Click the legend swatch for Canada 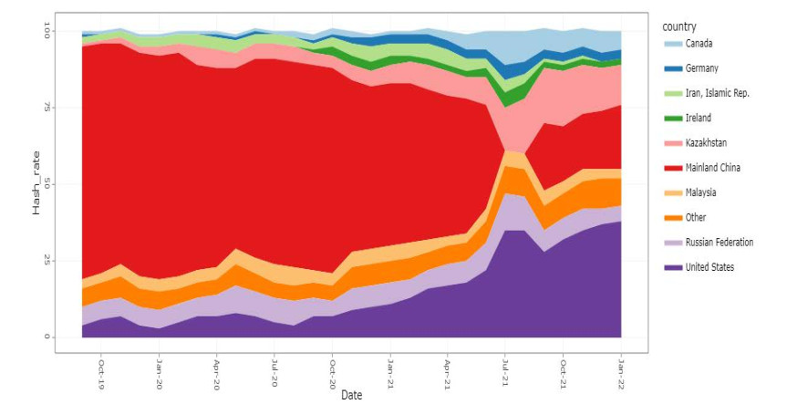coord(670,44)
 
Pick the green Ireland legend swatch coord(670,118)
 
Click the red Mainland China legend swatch coord(670,167)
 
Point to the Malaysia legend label coord(701,192)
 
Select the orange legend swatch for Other coord(670,217)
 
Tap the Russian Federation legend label coord(720,242)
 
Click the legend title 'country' coord(680,26)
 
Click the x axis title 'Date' coord(352,396)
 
